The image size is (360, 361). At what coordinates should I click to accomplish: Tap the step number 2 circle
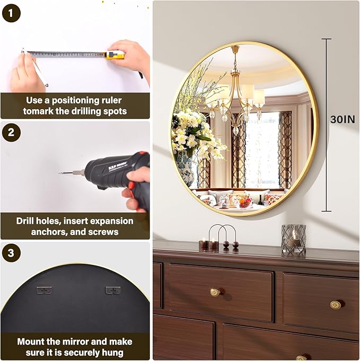pyautogui.click(x=11, y=133)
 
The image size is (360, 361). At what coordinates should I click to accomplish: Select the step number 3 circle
pyautogui.click(x=11, y=253)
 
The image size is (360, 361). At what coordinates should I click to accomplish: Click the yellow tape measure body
pyautogui.click(x=116, y=55)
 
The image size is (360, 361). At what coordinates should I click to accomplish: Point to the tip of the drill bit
pyautogui.click(x=59, y=172)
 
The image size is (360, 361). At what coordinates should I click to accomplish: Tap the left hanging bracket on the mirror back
pyautogui.click(x=45, y=290)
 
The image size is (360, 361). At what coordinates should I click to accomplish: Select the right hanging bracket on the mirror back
pyautogui.click(x=113, y=290)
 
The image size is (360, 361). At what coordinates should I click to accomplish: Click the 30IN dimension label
pyautogui.click(x=343, y=120)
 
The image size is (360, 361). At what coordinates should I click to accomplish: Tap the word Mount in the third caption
pyautogui.click(x=30, y=341)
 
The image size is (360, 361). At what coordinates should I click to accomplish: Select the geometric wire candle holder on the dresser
pyautogui.click(x=293, y=239)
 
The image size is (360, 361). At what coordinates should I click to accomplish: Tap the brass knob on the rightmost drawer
pyautogui.click(x=335, y=305)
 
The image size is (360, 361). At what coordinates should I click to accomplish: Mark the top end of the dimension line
pyautogui.click(x=326, y=39)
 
